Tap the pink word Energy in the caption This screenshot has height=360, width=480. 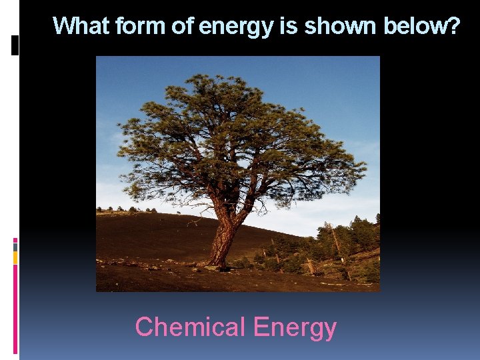295,327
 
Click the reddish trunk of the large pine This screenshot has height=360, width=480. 222,237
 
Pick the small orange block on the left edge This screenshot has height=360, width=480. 15,257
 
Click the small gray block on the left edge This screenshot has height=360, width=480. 15,247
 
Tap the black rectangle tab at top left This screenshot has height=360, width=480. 15,45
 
